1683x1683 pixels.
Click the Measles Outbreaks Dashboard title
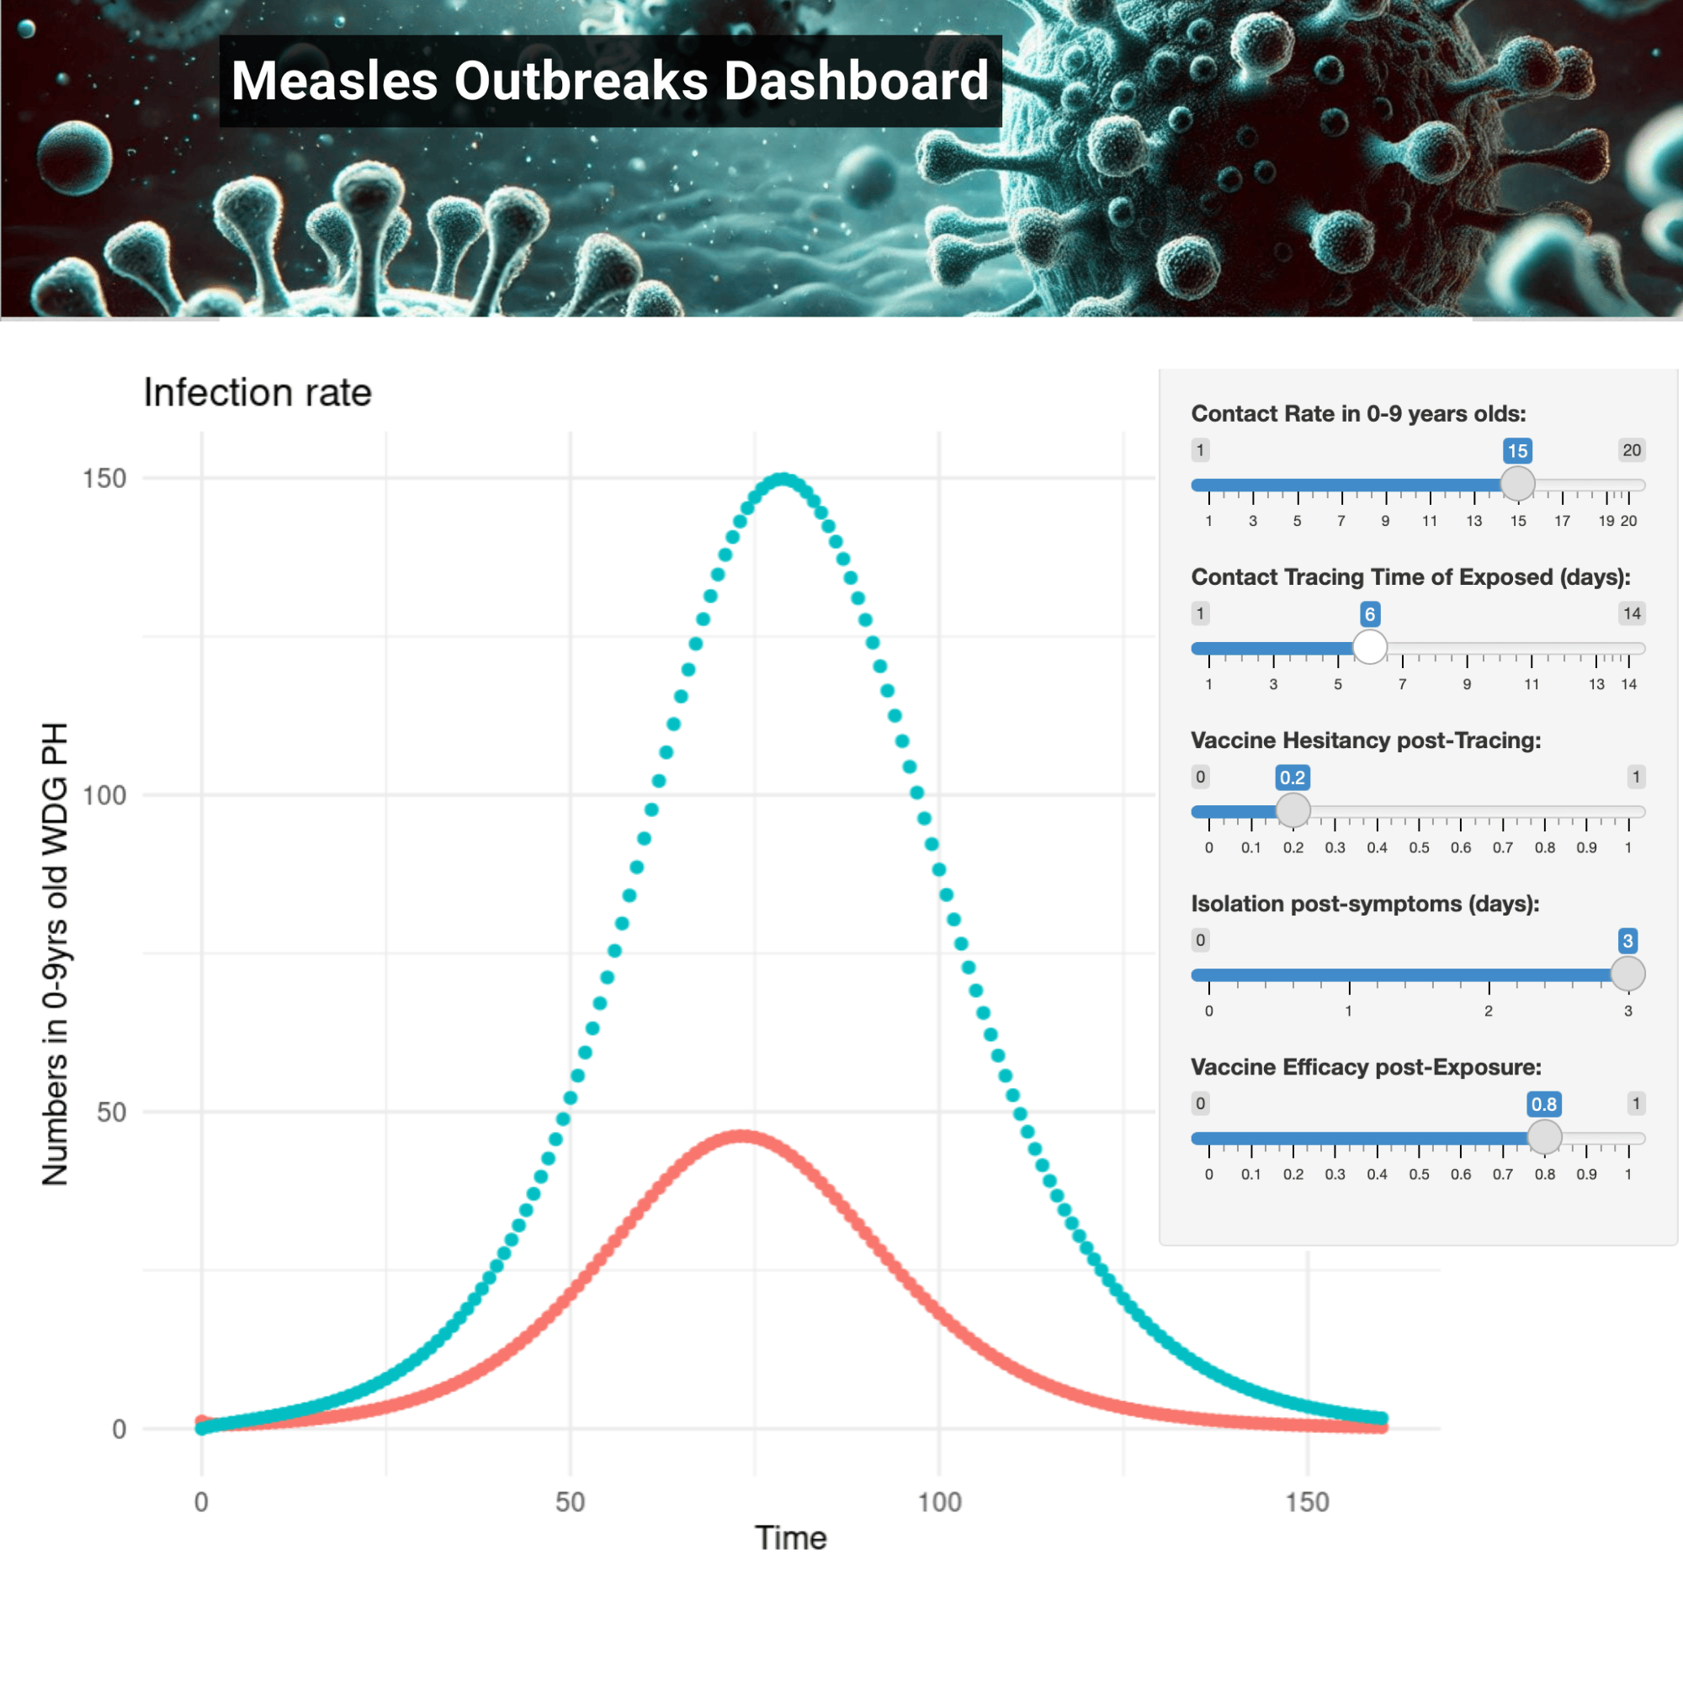click(x=610, y=81)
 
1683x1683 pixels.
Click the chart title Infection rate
click(x=257, y=393)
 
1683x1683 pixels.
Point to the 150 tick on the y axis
click(x=104, y=478)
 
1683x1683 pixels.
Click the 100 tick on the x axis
click(x=939, y=1502)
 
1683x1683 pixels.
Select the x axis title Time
click(x=790, y=1537)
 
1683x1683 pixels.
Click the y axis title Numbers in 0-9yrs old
click(x=55, y=954)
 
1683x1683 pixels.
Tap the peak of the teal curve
click(x=783, y=479)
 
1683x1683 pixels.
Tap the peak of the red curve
click(x=741, y=1136)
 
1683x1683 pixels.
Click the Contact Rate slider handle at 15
click(x=1517, y=484)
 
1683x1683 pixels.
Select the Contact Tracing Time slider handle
click(x=1369, y=646)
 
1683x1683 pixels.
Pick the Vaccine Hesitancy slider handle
click(x=1293, y=810)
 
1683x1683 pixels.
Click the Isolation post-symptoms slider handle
click(x=1627, y=973)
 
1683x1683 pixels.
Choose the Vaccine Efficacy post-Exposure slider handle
click(x=1544, y=1137)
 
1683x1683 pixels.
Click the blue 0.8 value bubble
click(x=1543, y=1104)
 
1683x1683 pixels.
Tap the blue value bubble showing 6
click(x=1369, y=614)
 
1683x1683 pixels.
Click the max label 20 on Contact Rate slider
click(x=1631, y=450)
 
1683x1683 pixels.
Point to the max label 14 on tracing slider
click(x=1631, y=613)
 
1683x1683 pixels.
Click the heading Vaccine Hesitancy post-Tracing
click(x=1365, y=741)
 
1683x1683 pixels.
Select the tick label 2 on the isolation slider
click(x=1489, y=1011)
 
